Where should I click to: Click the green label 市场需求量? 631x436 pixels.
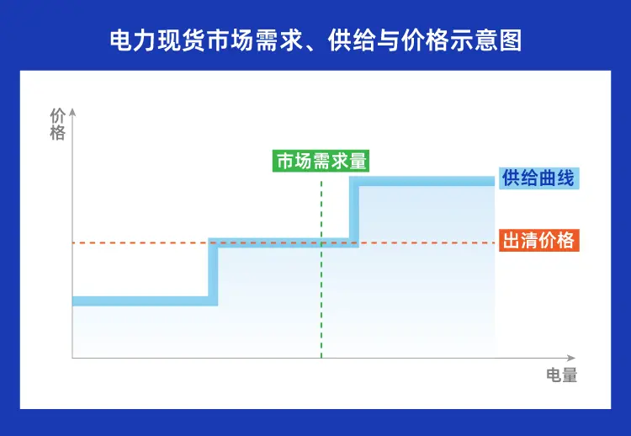click(321, 161)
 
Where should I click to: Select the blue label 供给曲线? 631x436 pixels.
click(538, 178)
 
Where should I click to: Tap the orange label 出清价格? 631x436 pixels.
click(538, 241)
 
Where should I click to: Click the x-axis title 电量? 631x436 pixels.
click(561, 375)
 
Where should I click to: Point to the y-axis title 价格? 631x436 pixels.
click(57, 124)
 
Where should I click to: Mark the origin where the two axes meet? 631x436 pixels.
click(73, 359)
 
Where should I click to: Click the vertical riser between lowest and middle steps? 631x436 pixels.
click(213, 271)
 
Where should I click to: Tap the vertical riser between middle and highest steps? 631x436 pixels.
click(354, 211)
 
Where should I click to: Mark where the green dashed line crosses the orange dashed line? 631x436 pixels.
click(321, 242)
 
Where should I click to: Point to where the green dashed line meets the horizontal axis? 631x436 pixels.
click(321, 359)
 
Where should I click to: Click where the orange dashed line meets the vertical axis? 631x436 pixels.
click(73, 242)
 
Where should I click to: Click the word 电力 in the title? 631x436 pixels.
click(129, 40)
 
